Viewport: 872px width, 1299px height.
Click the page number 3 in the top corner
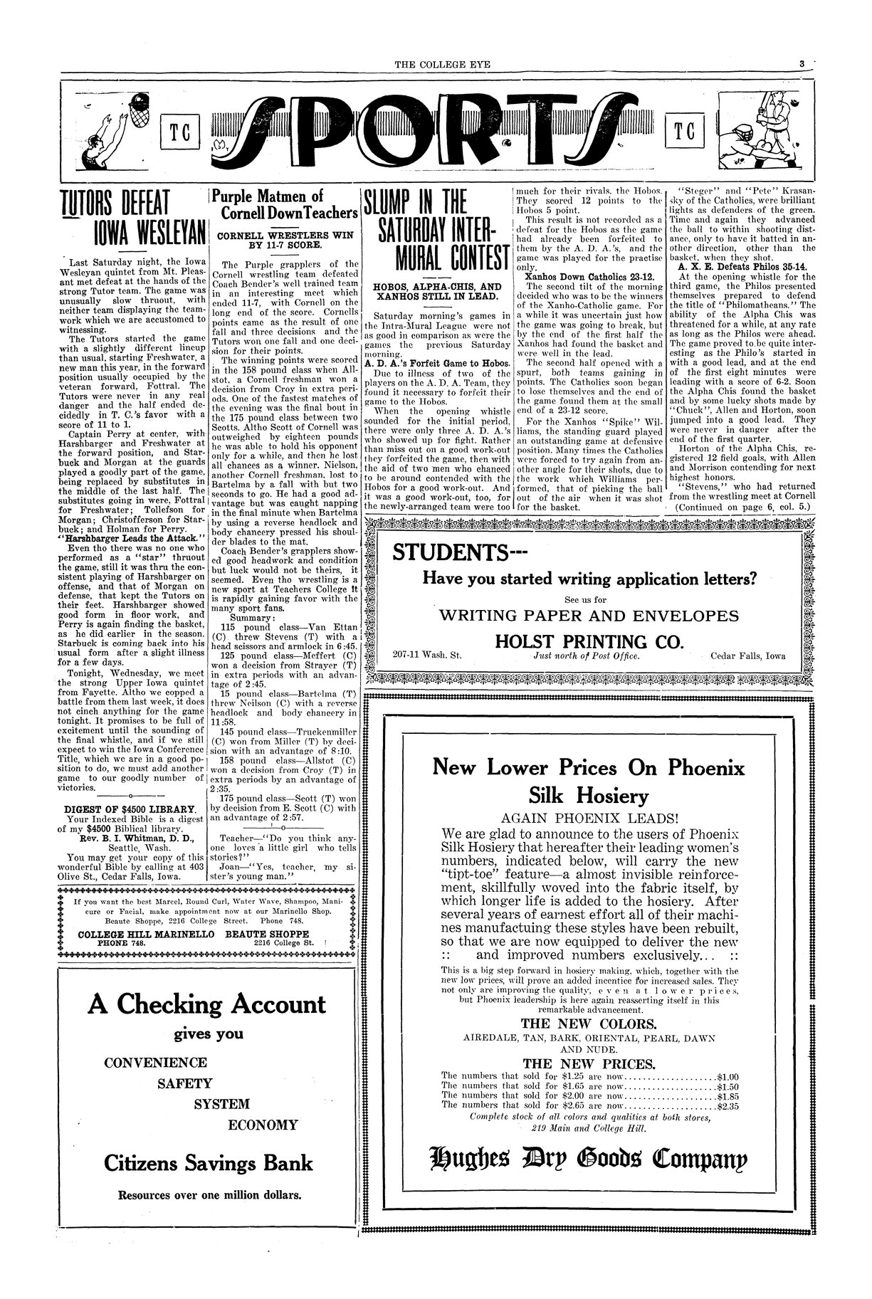point(802,64)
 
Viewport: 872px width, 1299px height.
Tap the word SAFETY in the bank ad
point(185,1083)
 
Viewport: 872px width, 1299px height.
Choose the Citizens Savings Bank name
point(208,1163)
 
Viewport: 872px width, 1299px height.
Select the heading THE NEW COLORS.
point(589,1024)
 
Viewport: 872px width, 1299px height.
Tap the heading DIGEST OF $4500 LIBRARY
point(130,809)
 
